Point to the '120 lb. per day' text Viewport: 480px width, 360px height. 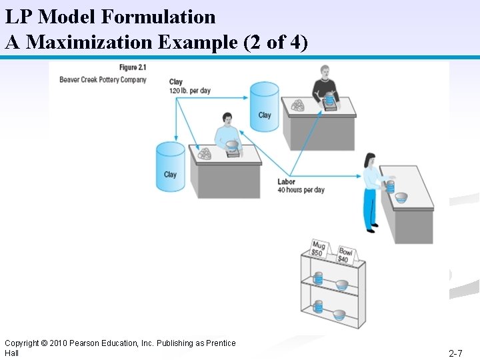tap(190, 91)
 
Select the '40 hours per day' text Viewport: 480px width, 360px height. tap(301, 190)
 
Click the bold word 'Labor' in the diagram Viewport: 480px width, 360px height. tap(286, 181)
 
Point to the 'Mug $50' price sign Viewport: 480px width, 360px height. tap(318, 249)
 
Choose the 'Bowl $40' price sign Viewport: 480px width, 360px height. tap(345, 253)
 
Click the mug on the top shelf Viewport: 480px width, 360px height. tap(318, 278)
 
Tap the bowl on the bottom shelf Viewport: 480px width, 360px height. tap(339, 314)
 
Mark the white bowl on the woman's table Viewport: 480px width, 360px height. tap(401, 197)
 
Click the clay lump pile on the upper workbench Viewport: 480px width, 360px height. tap(297, 105)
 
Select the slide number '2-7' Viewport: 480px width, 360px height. tap(456, 353)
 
